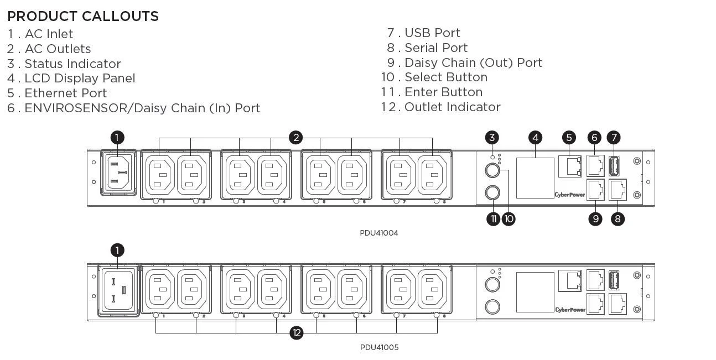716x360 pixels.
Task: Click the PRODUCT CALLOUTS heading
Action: point(83,17)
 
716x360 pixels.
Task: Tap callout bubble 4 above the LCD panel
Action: point(535,137)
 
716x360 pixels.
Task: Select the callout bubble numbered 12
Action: point(297,333)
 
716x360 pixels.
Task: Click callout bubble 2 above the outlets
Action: point(297,137)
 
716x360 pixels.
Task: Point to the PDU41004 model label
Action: point(379,233)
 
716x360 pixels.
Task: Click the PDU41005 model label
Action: point(379,347)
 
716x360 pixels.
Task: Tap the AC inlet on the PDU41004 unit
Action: point(117,173)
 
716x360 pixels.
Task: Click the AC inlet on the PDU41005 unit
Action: point(117,290)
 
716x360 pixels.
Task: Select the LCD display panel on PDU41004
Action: point(535,178)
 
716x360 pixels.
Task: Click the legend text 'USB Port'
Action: point(432,33)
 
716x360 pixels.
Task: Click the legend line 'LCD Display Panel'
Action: point(79,79)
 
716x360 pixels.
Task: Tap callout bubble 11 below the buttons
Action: point(493,218)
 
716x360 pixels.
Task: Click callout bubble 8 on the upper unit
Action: point(618,218)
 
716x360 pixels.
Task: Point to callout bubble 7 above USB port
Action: point(613,137)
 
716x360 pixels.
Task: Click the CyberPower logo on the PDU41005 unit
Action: point(570,310)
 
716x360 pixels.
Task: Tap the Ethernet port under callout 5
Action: point(570,166)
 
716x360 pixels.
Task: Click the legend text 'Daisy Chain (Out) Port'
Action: point(473,63)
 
